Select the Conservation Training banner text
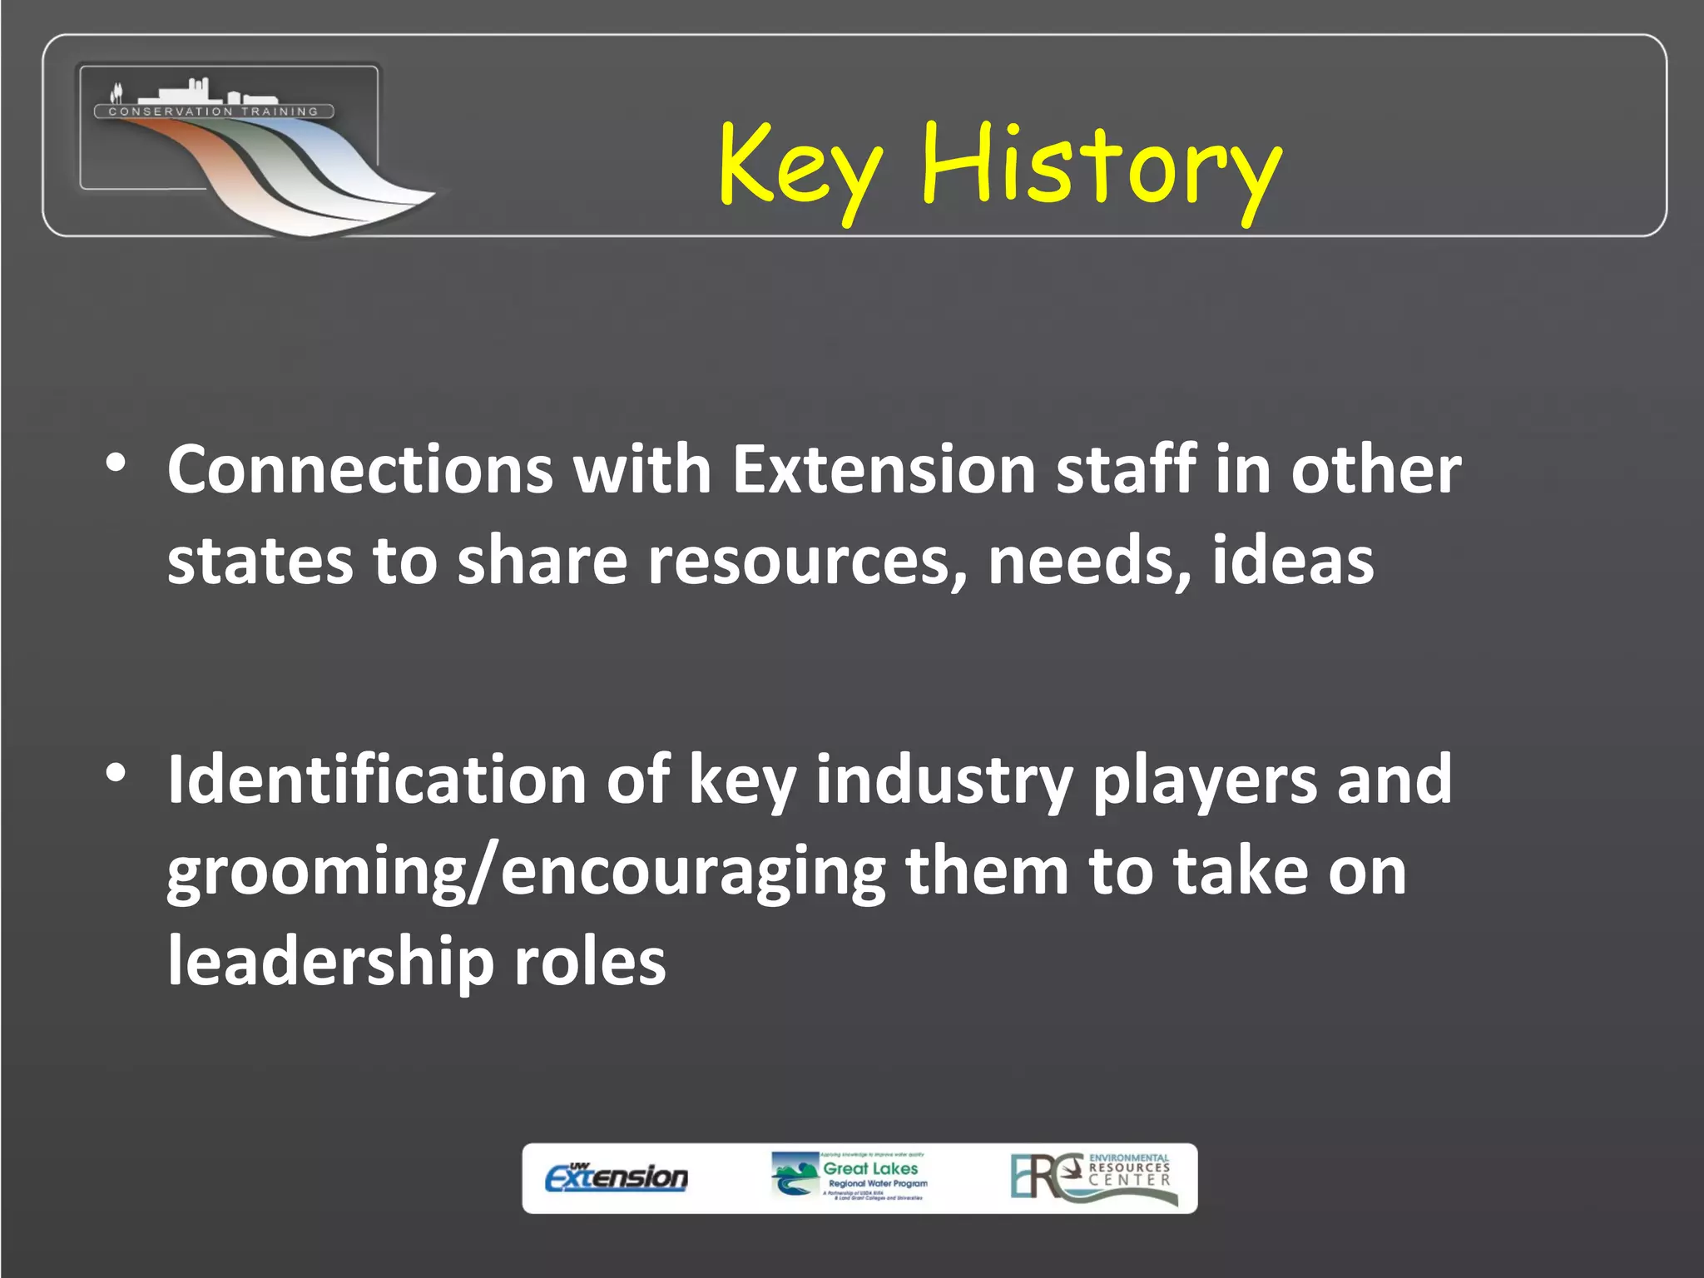[x=214, y=111]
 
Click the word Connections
[x=359, y=470]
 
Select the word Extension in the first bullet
[x=883, y=470]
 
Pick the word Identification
[x=377, y=780]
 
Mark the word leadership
[x=330, y=962]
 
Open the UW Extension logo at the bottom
[x=617, y=1177]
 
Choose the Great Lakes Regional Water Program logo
[x=850, y=1176]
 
